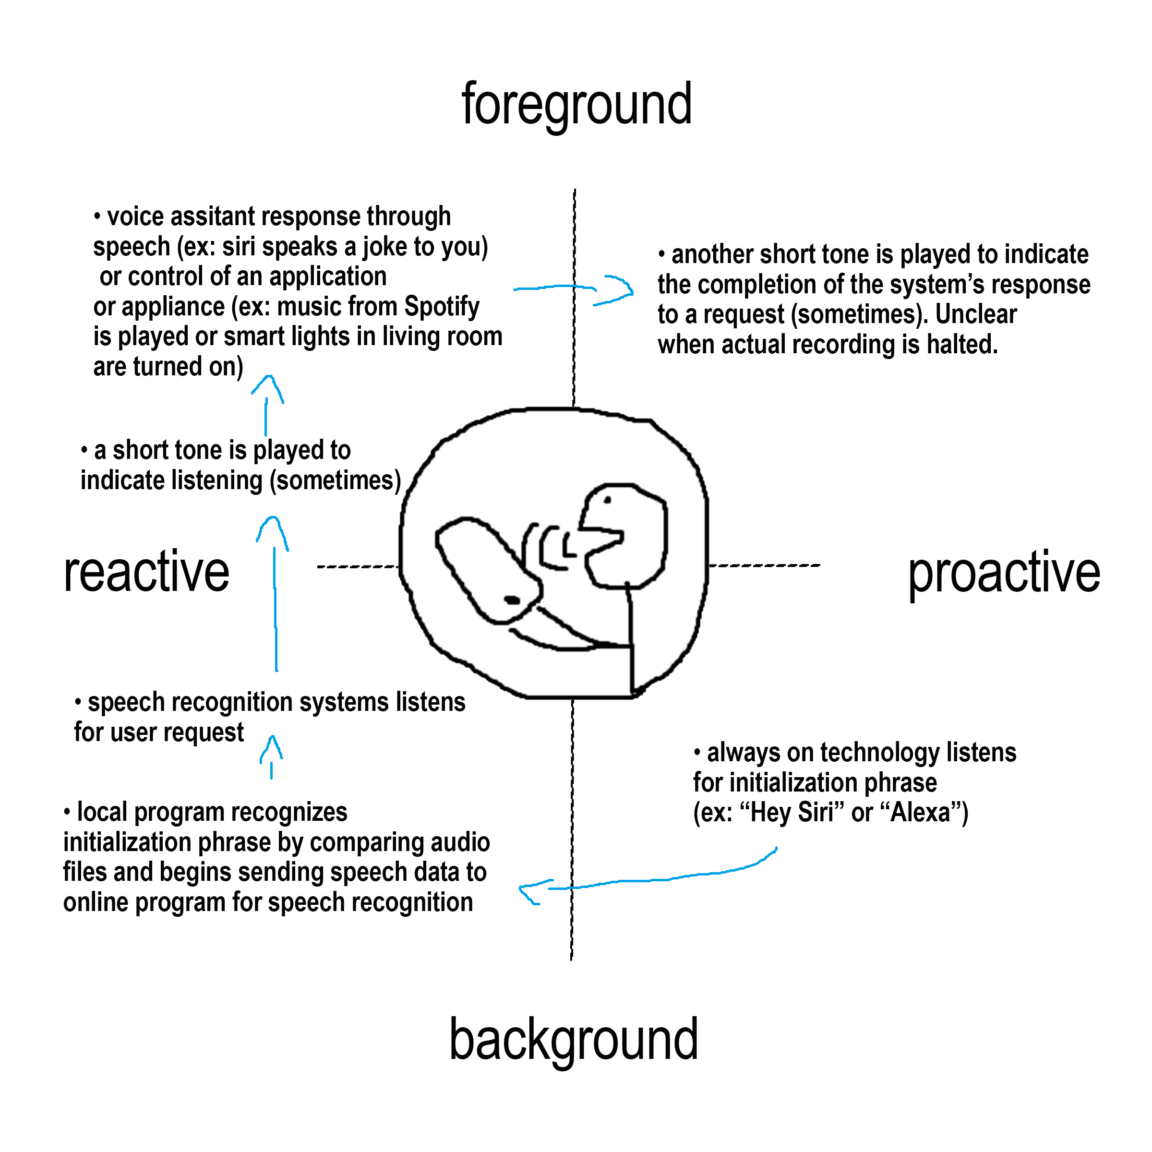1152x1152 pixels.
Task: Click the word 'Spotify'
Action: click(442, 307)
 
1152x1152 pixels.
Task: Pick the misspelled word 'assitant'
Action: click(212, 216)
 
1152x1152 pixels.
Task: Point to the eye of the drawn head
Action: click(608, 500)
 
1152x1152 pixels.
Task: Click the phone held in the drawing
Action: click(486, 569)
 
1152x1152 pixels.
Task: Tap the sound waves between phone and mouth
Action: click(549, 546)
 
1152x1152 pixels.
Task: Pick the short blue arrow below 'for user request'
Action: click(272, 757)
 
